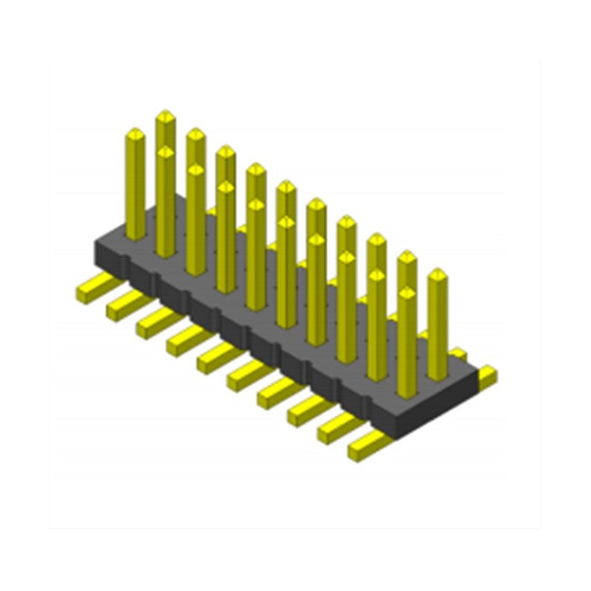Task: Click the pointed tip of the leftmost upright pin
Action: coord(135,133)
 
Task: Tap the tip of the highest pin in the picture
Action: coord(165,115)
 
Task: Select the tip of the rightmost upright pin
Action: coord(437,273)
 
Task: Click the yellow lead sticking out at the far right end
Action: coord(488,376)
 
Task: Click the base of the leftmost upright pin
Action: coord(135,235)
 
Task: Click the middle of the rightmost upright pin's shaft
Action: coord(437,325)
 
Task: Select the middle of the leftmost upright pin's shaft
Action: coord(135,185)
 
